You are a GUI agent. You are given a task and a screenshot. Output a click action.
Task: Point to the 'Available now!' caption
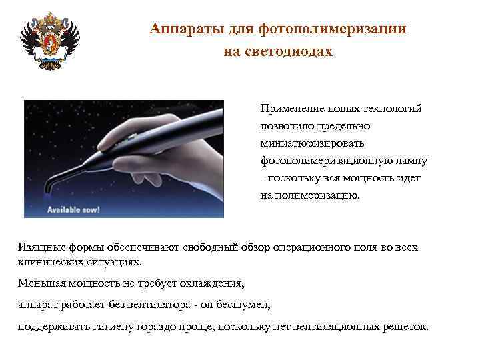[x=73, y=209]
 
